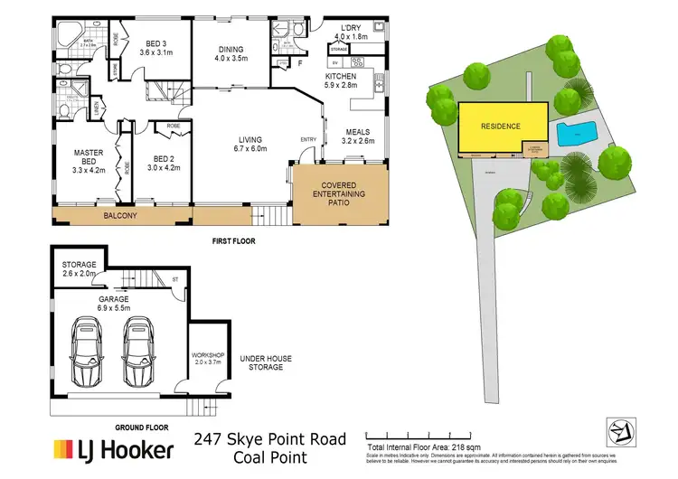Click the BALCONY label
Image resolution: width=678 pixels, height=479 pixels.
[120, 217]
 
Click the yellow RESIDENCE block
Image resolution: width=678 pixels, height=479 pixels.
[504, 127]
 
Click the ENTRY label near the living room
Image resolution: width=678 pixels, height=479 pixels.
[308, 139]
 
